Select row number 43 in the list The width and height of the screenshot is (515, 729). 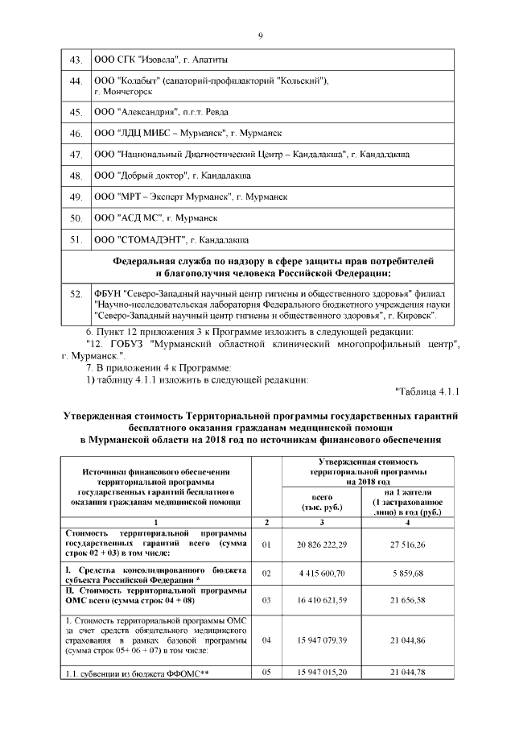pos(77,60)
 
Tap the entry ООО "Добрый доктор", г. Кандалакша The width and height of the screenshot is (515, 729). pos(172,175)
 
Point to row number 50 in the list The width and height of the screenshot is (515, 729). pos(77,217)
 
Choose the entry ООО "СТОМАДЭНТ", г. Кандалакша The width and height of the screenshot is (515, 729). pos(171,238)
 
